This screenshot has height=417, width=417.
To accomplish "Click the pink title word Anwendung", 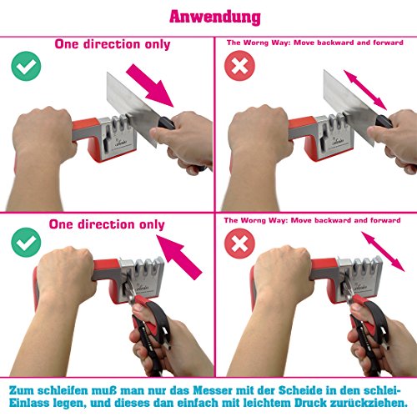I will pos(214,16).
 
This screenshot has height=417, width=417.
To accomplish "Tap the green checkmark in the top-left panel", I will pos(27,67).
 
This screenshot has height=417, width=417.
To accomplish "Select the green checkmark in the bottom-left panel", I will pos(27,242).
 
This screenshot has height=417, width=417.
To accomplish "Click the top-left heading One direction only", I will pos(113,45).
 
